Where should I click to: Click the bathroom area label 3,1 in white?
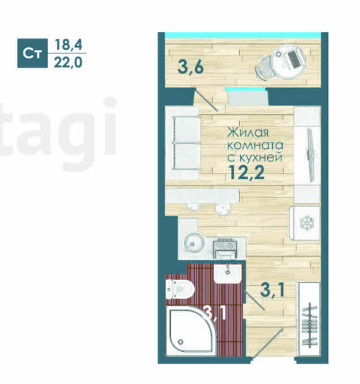click(215, 314)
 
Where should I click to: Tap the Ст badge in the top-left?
click(31, 53)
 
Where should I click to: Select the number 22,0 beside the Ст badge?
click(69, 62)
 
